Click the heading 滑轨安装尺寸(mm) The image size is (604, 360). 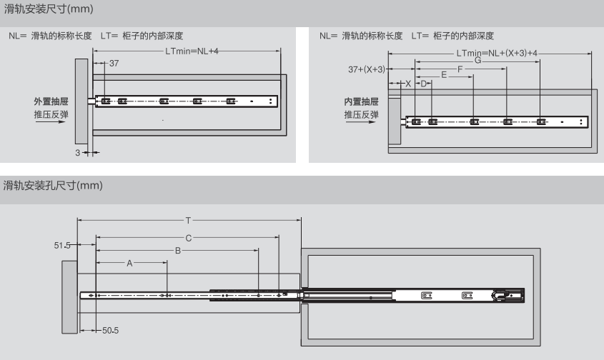[49, 9]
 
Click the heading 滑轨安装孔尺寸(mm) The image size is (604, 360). [54, 186]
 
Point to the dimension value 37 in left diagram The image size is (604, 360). [114, 64]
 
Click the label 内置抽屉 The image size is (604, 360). [361, 101]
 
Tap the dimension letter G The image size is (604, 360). [477, 61]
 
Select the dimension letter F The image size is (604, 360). [460, 69]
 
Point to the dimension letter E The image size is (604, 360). [444, 74]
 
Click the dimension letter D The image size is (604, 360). [423, 84]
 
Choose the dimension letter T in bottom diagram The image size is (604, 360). [188, 221]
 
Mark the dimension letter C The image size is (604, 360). [188, 236]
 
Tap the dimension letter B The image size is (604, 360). [177, 251]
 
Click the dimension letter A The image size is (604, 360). [130, 264]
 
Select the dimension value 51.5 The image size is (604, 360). [64, 245]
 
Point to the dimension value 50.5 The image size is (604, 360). [110, 330]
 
